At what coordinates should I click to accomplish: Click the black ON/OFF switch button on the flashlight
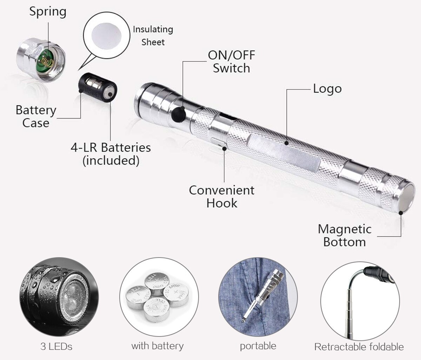(179, 114)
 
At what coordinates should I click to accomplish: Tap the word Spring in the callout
(48, 12)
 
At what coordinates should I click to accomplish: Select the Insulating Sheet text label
(153, 36)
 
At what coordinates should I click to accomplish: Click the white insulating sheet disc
(107, 36)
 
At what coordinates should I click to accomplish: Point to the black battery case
(98, 87)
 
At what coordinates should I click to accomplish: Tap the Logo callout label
(327, 89)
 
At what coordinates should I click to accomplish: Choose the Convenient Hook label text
(222, 196)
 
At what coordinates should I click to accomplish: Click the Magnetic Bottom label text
(345, 235)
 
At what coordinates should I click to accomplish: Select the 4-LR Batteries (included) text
(111, 154)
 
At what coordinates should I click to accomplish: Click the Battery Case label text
(36, 116)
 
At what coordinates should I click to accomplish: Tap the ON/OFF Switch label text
(232, 61)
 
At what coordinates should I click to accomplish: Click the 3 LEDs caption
(56, 346)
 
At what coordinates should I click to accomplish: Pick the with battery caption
(158, 346)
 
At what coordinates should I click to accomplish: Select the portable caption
(258, 346)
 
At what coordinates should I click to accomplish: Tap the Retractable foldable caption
(359, 347)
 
